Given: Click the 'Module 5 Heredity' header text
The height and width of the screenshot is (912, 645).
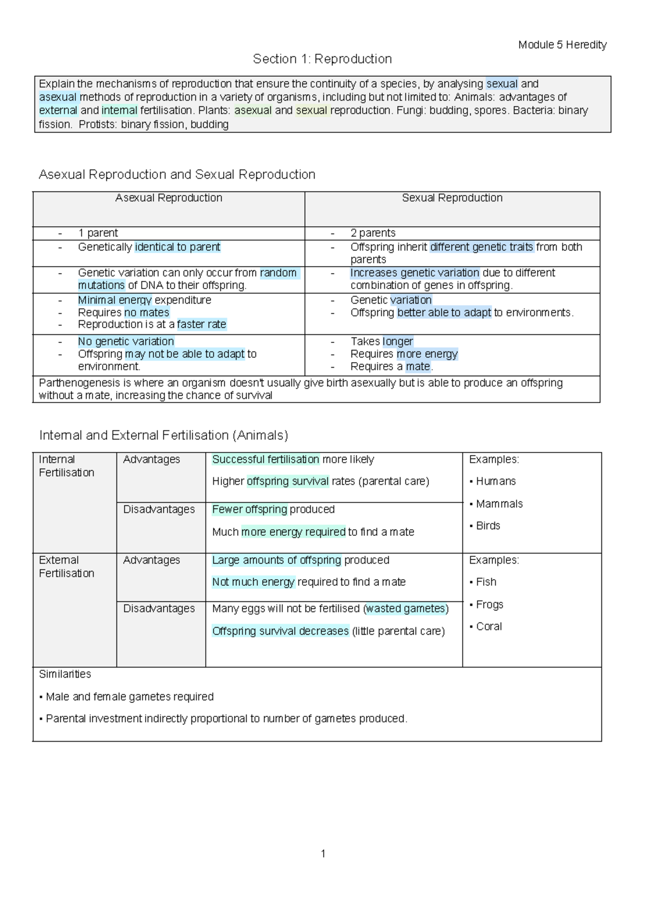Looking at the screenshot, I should click(x=562, y=45).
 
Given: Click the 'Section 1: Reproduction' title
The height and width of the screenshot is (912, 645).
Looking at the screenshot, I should click(x=322, y=59).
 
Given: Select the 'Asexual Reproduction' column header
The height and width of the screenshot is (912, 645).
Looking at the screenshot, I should click(x=168, y=198).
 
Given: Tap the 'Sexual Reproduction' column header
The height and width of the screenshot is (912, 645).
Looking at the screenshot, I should click(x=452, y=198).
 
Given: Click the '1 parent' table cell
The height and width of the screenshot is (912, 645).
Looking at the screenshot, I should click(x=98, y=233).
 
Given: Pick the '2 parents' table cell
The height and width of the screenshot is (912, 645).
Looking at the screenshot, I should click(x=372, y=233).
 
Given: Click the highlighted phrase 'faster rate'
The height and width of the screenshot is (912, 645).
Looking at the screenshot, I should click(x=202, y=324).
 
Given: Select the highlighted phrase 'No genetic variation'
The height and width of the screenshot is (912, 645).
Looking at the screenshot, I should click(x=126, y=341).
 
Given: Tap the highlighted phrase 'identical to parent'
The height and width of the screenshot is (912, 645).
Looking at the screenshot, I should click(x=177, y=247).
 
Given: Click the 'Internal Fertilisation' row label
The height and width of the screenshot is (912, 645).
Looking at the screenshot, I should click(x=66, y=466).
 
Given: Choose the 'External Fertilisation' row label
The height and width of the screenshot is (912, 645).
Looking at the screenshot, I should click(x=66, y=566).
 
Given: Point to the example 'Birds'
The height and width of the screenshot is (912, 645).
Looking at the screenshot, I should click(x=488, y=526).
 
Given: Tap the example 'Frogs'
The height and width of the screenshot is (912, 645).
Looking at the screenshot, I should click(x=489, y=604).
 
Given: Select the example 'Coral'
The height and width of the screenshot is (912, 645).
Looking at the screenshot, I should click(x=489, y=626).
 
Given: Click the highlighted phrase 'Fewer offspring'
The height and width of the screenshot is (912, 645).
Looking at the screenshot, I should click(x=249, y=509).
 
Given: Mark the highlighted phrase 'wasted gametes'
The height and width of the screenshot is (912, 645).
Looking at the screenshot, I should click(x=406, y=608).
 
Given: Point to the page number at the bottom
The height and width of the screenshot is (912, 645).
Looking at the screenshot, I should click(x=323, y=853).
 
